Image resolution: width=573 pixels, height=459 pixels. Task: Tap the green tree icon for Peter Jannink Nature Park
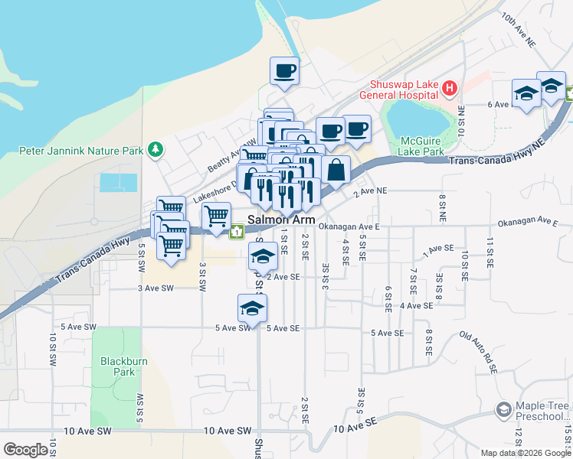(156, 150)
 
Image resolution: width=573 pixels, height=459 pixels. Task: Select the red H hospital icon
(450, 90)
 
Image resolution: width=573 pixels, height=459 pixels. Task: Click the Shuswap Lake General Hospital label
(403, 90)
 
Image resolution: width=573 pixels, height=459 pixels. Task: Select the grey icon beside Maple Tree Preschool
(503, 411)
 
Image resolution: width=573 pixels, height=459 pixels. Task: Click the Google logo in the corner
(25, 449)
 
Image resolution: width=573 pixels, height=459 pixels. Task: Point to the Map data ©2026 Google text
(526, 453)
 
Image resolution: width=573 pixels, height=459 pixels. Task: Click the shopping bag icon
(336, 170)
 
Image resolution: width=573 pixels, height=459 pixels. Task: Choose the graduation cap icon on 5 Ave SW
(250, 309)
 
